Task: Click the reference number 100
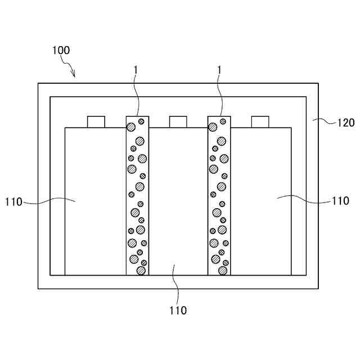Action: point(61,50)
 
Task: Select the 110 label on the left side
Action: point(13,201)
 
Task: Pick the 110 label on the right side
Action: point(340,200)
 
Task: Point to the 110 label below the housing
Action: point(177,310)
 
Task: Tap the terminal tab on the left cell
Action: point(96,121)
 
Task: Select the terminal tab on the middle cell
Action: point(178,121)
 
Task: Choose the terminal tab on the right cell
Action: point(260,121)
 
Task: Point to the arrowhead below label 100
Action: point(74,75)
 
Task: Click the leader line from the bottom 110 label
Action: point(177,284)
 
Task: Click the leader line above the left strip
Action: point(136,96)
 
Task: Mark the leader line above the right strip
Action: point(219,96)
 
